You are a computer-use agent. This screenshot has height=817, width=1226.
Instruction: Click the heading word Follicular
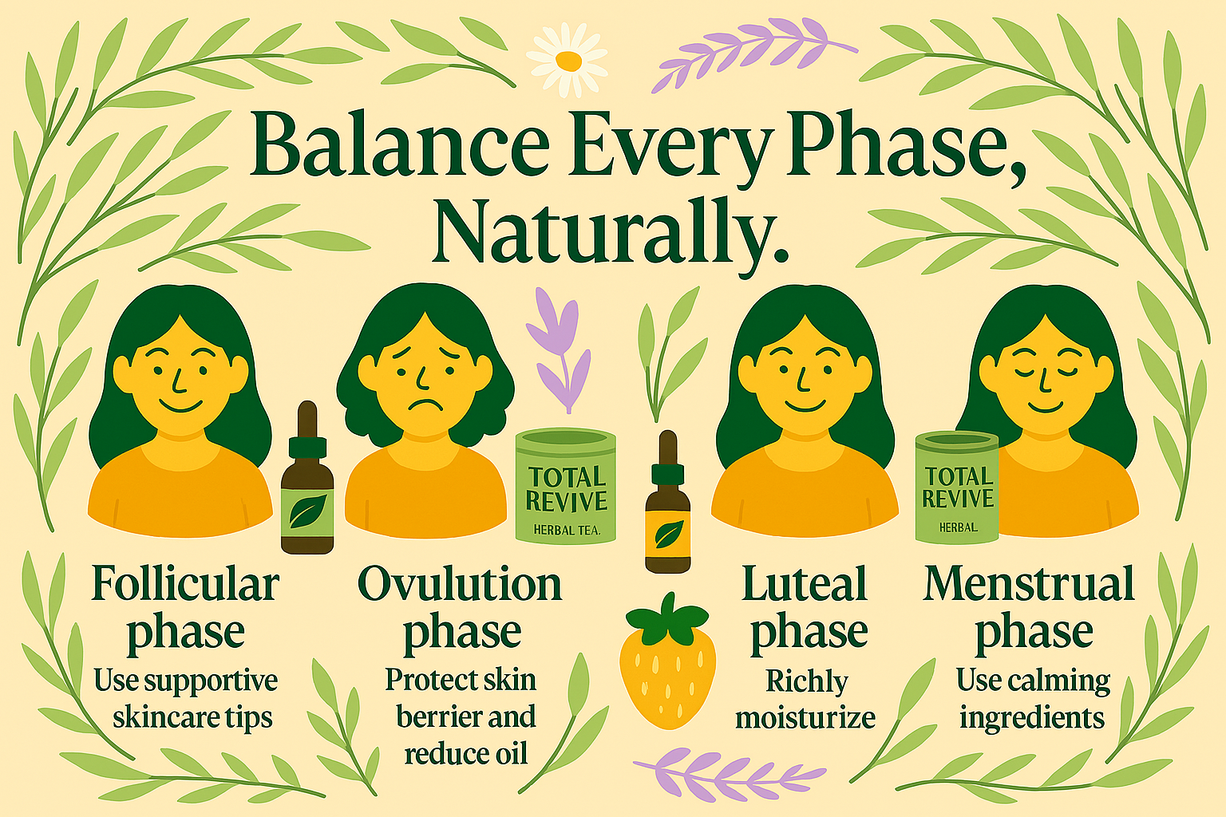185,586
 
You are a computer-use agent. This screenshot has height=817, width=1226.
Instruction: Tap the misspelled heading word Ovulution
460,585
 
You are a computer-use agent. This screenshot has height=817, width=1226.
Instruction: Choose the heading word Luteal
804,585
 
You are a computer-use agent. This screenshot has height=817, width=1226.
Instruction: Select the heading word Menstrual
1029,585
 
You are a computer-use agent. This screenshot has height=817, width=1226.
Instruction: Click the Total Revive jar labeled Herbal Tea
566,486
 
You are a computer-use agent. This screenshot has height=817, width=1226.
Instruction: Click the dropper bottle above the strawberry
668,502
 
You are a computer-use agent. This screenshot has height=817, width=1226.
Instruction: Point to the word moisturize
805,716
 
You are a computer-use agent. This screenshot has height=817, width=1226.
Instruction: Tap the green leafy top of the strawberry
667,620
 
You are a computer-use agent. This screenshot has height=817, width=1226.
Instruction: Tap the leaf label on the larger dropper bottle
307,512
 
